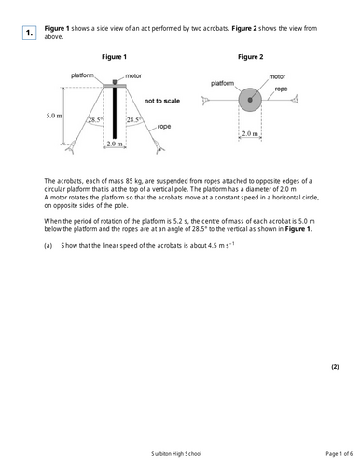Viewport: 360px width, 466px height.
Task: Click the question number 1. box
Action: [x=29, y=34]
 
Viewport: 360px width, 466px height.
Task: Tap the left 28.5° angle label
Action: [x=95, y=120]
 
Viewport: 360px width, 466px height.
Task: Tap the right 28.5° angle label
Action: [x=134, y=120]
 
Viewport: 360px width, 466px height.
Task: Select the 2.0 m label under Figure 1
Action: [x=114, y=144]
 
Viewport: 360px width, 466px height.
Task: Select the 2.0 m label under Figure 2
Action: [x=250, y=133]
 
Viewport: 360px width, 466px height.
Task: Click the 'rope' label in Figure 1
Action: [x=163, y=125]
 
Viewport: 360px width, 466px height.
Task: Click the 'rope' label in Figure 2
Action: [x=281, y=89]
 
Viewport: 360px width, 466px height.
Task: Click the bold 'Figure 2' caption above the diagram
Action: [x=250, y=57]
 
